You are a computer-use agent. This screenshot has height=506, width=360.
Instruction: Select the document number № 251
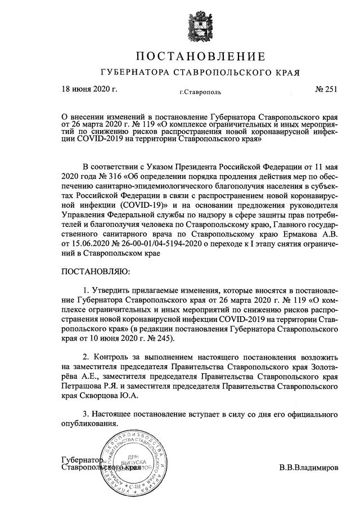coord(325,89)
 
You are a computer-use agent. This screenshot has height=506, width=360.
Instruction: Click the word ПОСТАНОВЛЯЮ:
coord(95,272)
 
